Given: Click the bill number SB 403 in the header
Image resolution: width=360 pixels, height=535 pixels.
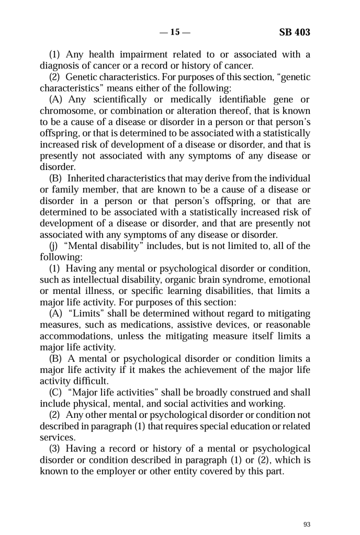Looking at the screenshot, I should click(x=295, y=32).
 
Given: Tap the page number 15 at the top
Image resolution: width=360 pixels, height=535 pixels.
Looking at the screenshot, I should click(x=174, y=32).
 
